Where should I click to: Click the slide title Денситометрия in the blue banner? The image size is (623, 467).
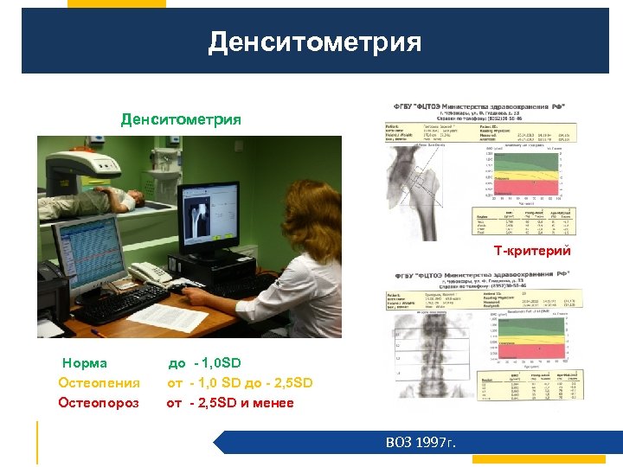coord(314,42)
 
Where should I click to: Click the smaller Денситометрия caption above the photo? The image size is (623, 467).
coord(181,118)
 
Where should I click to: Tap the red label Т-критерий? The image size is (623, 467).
coord(532,251)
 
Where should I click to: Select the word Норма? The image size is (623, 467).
coord(85,363)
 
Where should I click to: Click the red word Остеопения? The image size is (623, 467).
coord(99,382)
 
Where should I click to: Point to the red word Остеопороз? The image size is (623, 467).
coord(98,402)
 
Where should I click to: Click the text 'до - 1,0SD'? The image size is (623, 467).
coord(205,363)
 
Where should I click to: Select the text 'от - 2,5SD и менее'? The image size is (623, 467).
coord(230,402)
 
